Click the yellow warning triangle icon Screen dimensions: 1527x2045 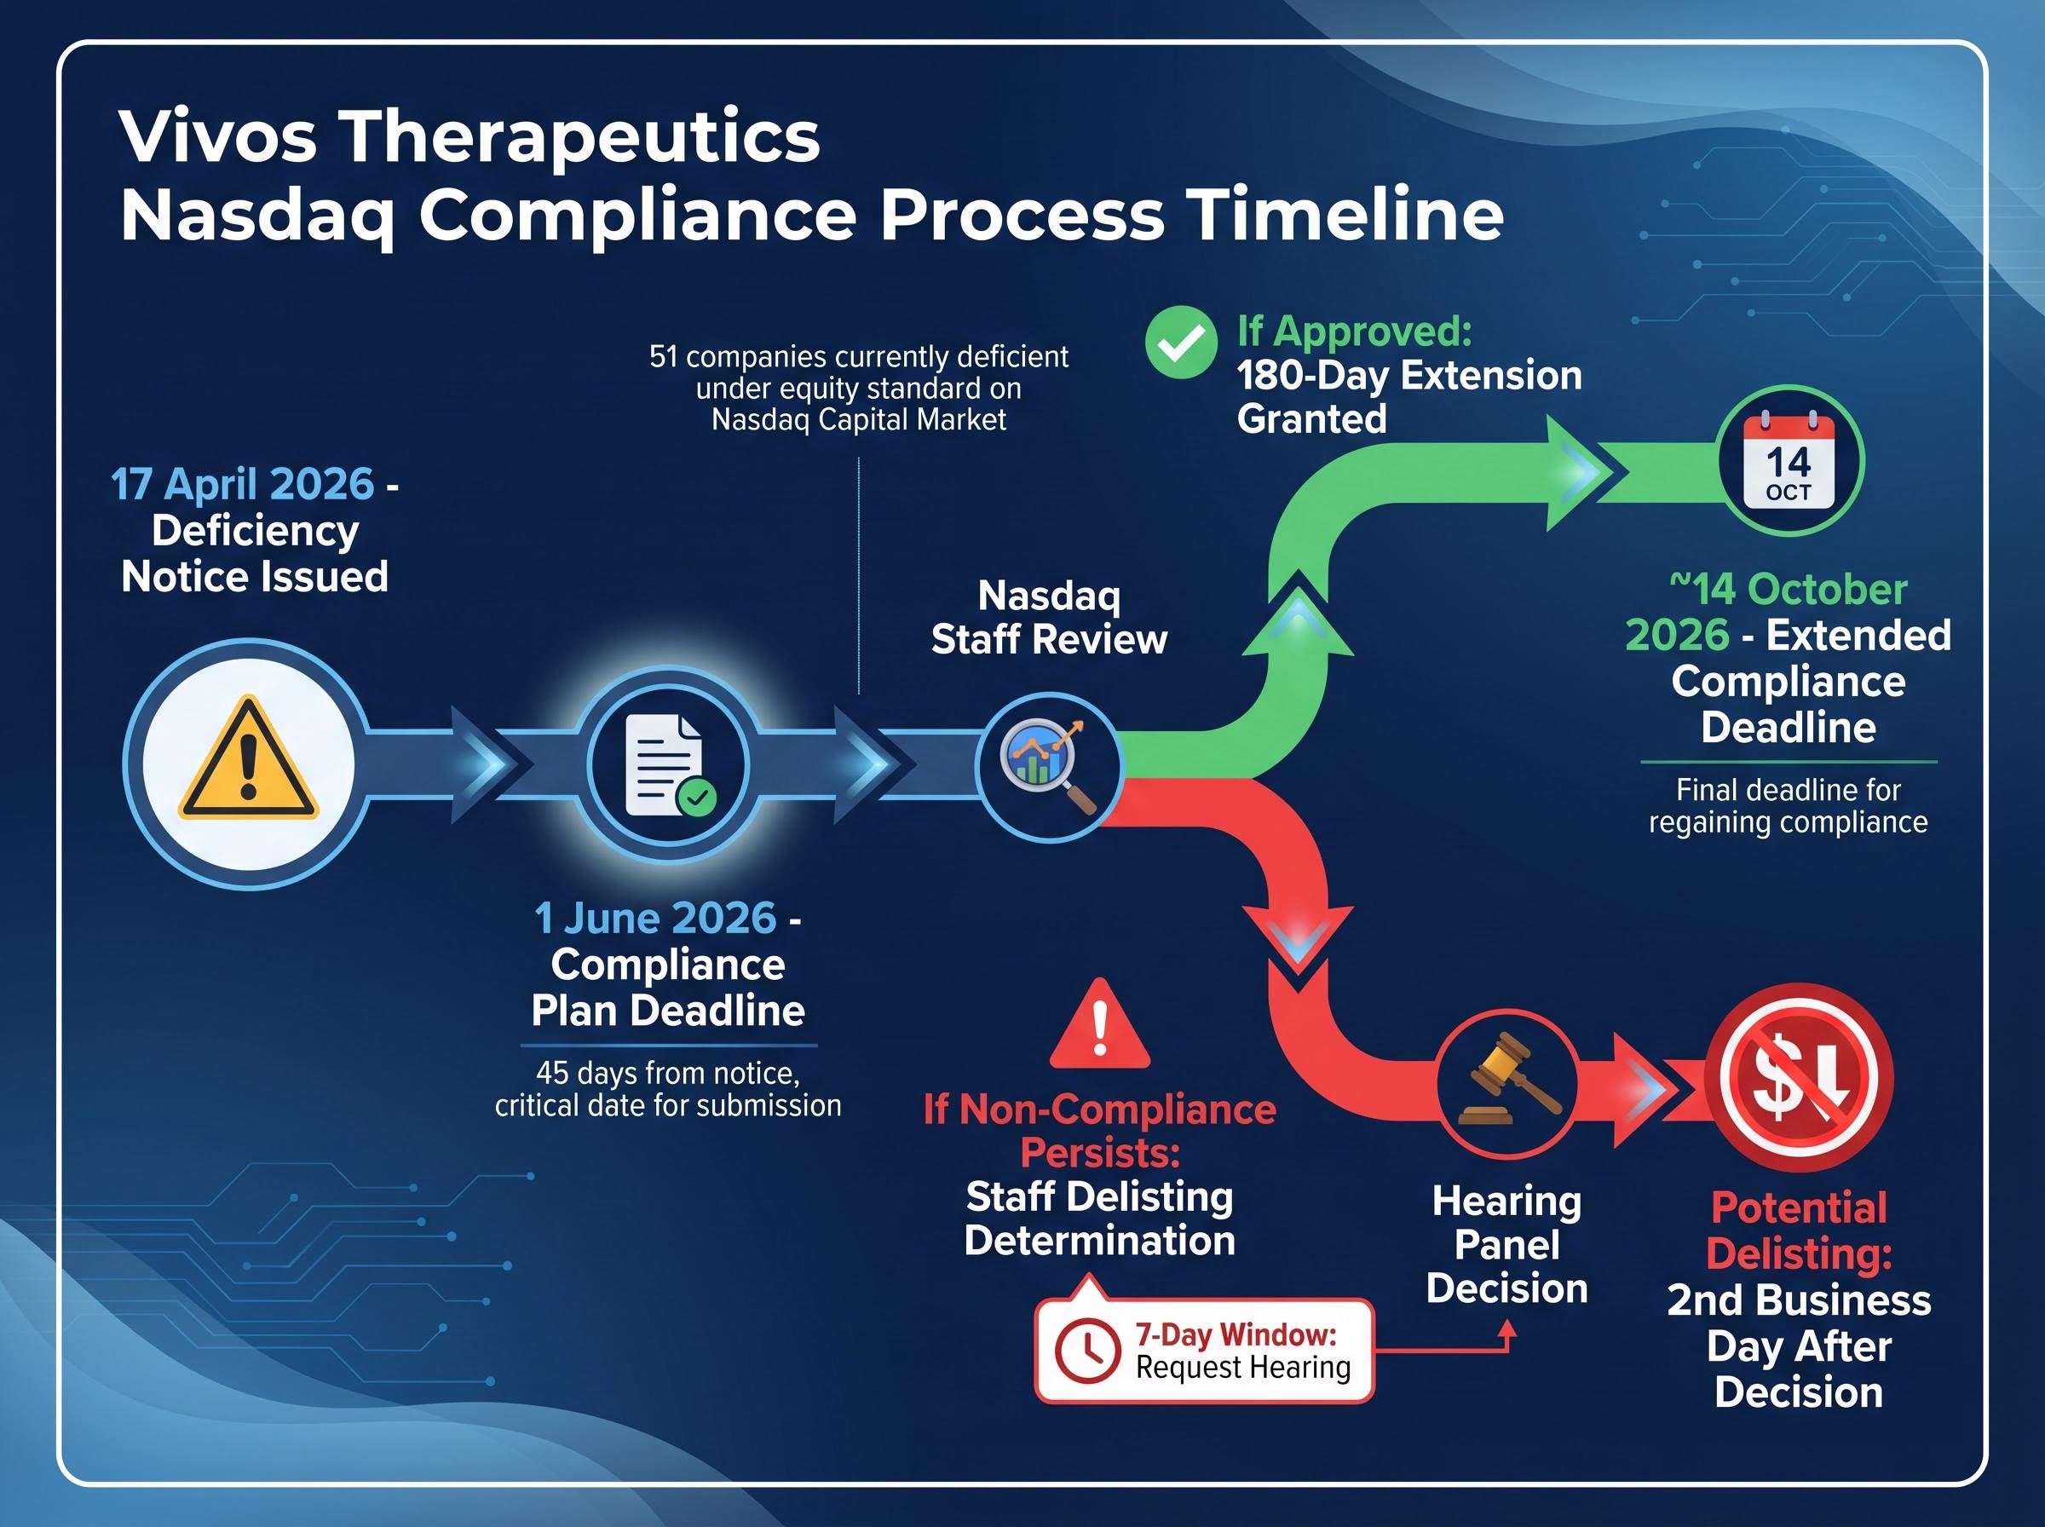coord(248,763)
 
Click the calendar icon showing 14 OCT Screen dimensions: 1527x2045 coord(1789,461)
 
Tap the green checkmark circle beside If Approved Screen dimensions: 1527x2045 coord(1180,343)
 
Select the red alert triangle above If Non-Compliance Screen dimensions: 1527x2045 coord(1100,1025)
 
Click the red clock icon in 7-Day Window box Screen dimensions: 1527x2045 coord(1087,1351)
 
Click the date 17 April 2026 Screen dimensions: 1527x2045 coord(242,484)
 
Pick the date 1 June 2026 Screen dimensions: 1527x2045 coord(655,919)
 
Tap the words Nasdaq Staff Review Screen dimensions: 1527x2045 coord(1049,618)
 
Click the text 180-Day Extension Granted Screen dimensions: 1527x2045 coord(1408,396)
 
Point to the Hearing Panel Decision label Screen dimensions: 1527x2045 coord(1506,1244)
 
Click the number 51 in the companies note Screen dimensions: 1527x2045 coord(663,357)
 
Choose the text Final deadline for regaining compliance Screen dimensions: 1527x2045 coord(1789,806)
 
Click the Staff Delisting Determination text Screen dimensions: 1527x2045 coord(1100,1219)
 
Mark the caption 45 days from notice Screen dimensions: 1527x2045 coord(668,1073)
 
